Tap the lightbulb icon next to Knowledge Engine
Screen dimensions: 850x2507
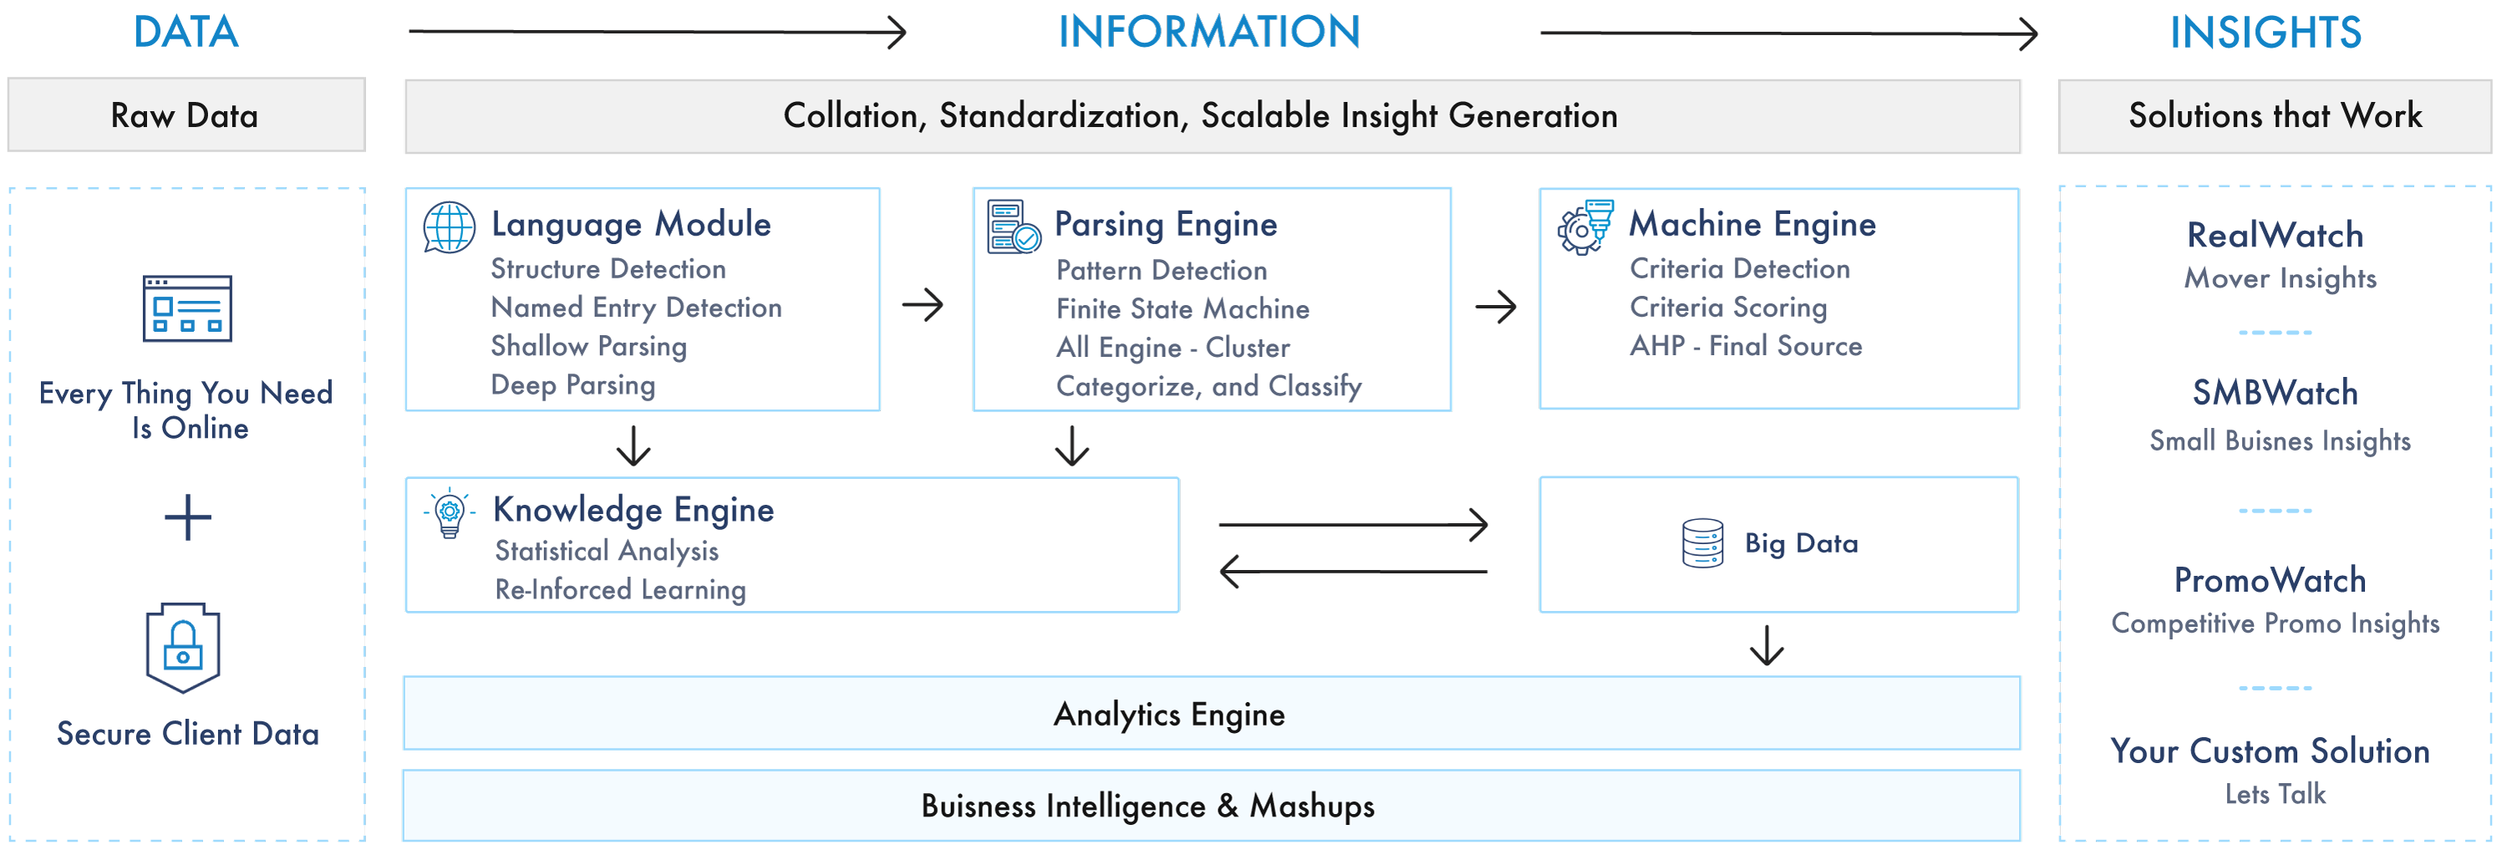(x=450, y=513)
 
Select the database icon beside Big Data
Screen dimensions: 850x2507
(x=1702, y=543)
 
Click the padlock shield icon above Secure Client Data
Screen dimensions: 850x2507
(x=183, y=648)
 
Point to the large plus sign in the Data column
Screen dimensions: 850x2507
(x=188, y=517)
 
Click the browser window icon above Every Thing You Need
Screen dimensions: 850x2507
(x=187, y=308)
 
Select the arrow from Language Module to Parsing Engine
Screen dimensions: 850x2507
(x=923, y=305)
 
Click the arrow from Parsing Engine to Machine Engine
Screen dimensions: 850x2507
(x=1496, y=308)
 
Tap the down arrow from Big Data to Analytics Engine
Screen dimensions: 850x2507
(x=1767, y=644)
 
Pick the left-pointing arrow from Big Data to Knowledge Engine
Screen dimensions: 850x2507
(x=1353, y=572)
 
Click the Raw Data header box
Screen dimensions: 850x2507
(x=186, y=115)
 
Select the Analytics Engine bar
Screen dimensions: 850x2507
(x=1211, y=714)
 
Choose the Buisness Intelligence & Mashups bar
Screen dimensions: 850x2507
(x=1211, y=805)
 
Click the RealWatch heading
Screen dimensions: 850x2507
(x=2275, y=235)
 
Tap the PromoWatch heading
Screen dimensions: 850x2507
(x=2270, y=580)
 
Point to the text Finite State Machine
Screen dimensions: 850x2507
(x=1182, y=308)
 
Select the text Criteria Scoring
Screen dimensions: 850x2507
(x=1728, y=307)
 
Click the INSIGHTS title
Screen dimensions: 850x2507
(x=2265, y=32)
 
